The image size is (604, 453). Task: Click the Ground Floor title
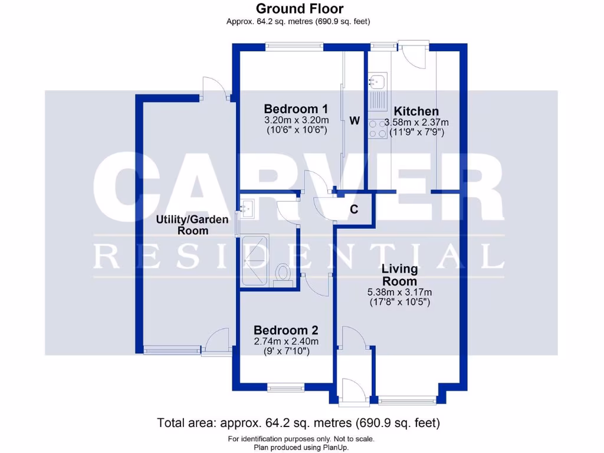point(300,9)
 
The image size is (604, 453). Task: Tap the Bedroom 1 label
point(296,109)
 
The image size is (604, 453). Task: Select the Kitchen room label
point(416,111)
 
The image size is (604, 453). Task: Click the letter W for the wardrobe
point(354,121)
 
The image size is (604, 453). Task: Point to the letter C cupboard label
point(354,209)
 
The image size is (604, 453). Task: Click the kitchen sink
point(376,81)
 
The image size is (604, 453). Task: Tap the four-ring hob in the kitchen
point(376,129)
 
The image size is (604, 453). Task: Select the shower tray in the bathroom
point(255,261)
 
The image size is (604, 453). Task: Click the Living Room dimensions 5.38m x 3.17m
point(400,292)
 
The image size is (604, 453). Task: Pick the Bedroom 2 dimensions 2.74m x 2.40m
point(286,342)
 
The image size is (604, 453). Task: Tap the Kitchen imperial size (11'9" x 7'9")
point(416,133)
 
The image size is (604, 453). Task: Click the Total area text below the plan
point(298,423)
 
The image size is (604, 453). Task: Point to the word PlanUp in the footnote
point(336,448)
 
